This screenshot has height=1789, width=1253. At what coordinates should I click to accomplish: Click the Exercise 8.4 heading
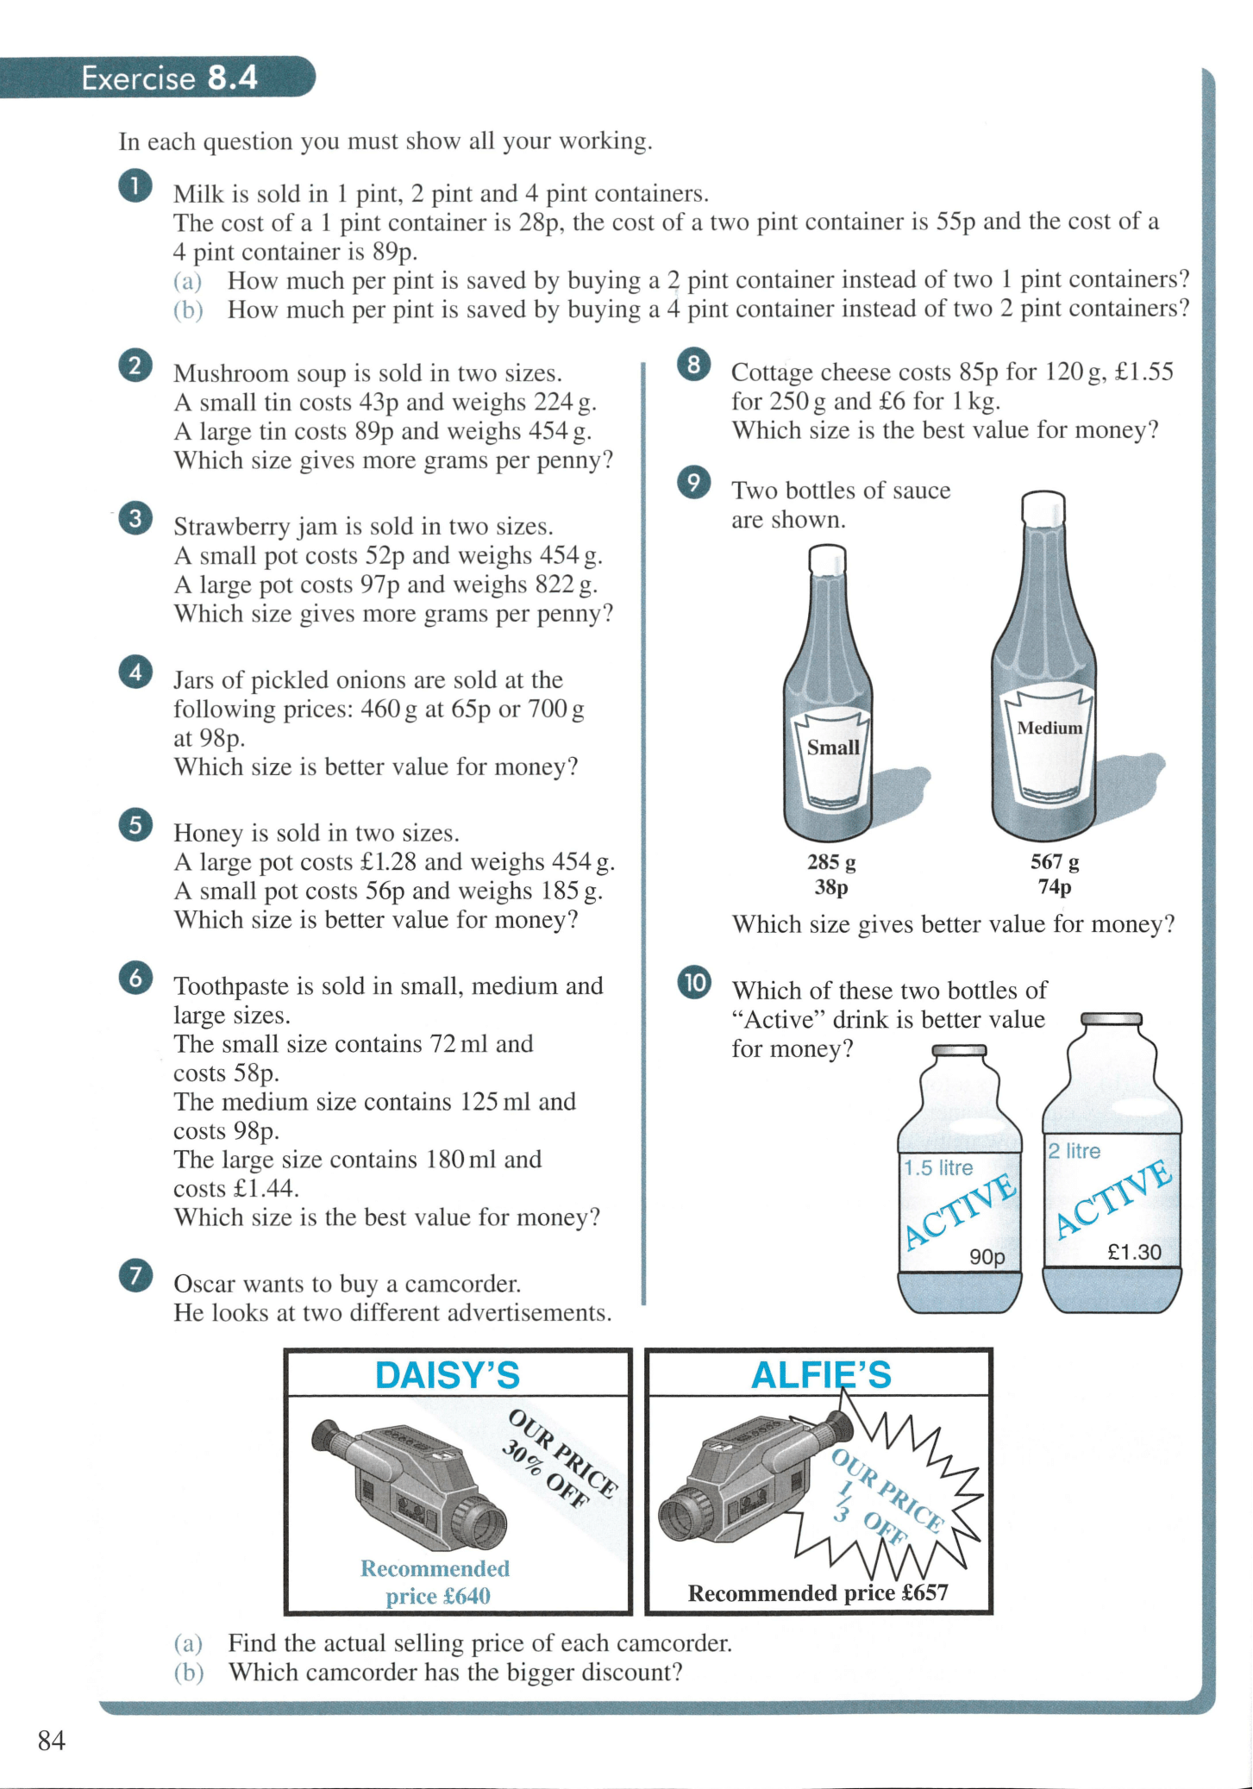169,78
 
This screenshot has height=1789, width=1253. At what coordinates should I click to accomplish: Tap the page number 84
52,1741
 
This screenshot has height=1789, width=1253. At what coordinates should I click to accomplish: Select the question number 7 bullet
136,1276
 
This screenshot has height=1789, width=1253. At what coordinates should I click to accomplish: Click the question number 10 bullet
694,982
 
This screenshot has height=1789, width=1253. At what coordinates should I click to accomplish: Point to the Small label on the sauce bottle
832,748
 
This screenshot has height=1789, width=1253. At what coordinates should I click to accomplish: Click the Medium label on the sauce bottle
1049,728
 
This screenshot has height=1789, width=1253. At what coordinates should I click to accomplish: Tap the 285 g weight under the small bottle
831,861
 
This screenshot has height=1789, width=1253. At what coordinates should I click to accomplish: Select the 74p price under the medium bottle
1054,887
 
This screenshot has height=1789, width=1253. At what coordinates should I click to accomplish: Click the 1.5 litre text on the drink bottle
938,1168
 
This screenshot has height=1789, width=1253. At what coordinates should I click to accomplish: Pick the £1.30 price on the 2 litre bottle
1134,1252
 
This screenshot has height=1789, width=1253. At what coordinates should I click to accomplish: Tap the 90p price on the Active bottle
987,1257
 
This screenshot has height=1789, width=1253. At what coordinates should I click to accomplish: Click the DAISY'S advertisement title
447,1375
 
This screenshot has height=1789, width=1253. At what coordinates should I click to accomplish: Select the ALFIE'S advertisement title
821,1375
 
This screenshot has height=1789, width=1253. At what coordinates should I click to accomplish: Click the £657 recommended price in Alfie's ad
924,1593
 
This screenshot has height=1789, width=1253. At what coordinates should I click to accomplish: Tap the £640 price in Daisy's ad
466,1597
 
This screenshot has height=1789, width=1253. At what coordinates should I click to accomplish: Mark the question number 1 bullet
135,186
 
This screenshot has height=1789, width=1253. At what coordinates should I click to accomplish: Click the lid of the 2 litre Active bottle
1111,1019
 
